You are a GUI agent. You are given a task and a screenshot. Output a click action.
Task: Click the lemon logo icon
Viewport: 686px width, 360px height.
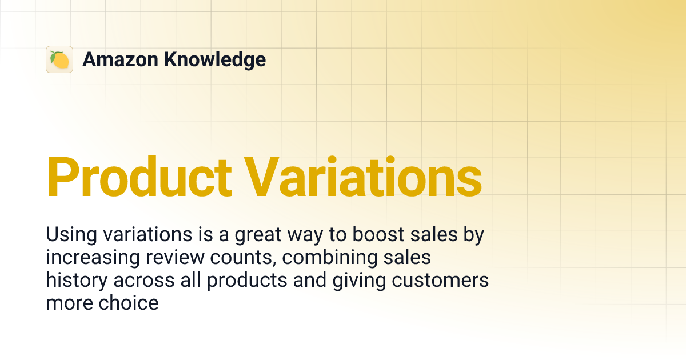tap(59, 59)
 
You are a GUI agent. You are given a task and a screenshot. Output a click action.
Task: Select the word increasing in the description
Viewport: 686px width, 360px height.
tap(91, 258)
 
